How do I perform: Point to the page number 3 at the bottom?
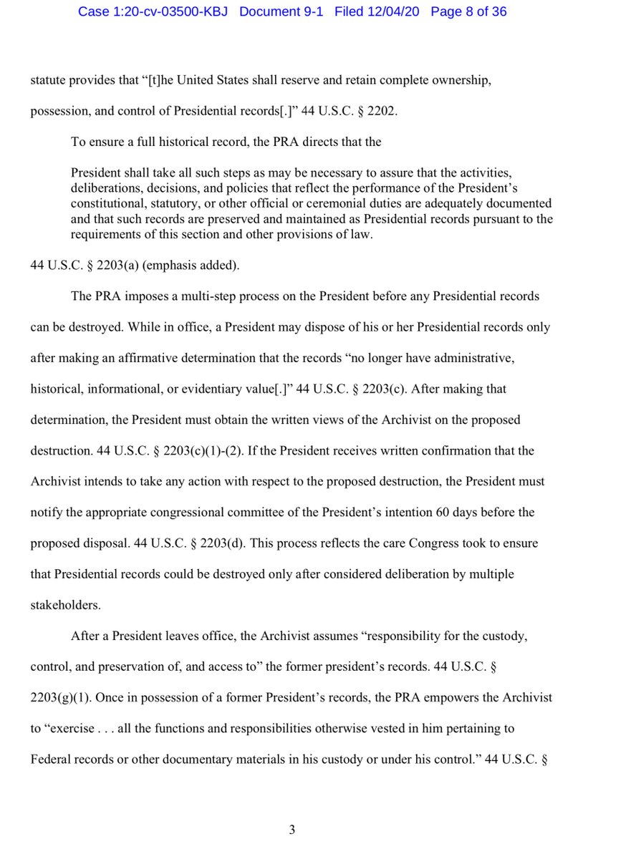click(292, 830)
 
